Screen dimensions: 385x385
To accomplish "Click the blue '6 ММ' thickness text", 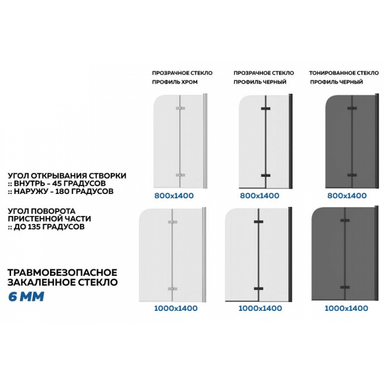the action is tap(26, 296).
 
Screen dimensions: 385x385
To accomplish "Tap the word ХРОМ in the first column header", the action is tap(189, 82).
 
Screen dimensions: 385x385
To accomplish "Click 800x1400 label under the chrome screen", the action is tap(174, 196).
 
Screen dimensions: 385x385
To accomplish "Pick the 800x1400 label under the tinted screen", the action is tap(347, 196).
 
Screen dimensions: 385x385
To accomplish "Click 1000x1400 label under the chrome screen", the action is tap(176, 308).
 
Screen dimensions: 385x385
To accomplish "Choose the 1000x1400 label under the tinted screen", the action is tap(346, 308).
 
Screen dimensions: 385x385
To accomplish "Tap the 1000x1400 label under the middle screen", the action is tap(260, 308).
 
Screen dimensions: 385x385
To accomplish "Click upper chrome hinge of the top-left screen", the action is tap(180, 108).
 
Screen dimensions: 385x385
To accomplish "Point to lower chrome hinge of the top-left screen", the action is tap(180, 175).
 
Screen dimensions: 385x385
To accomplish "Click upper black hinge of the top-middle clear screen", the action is tap(266, 109).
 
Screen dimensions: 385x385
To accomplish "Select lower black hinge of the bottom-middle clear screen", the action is tap(258, 288).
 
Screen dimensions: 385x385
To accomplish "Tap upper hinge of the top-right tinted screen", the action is tap(352, 108).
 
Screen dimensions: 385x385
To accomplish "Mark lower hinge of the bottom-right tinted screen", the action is tap(345, 287).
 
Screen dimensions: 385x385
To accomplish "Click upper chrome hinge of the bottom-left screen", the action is tap(173, 222).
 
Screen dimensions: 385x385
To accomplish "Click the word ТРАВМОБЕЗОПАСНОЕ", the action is tap(63, 272).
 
